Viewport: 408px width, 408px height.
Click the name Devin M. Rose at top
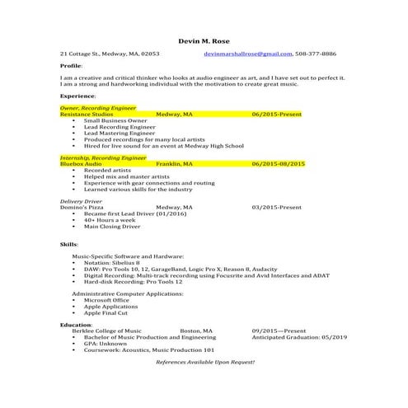(204, 40)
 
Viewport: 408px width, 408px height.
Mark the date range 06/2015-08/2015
(279, 164)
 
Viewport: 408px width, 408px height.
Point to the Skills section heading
(69, 245)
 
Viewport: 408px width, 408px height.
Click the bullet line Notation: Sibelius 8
(117, 264)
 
